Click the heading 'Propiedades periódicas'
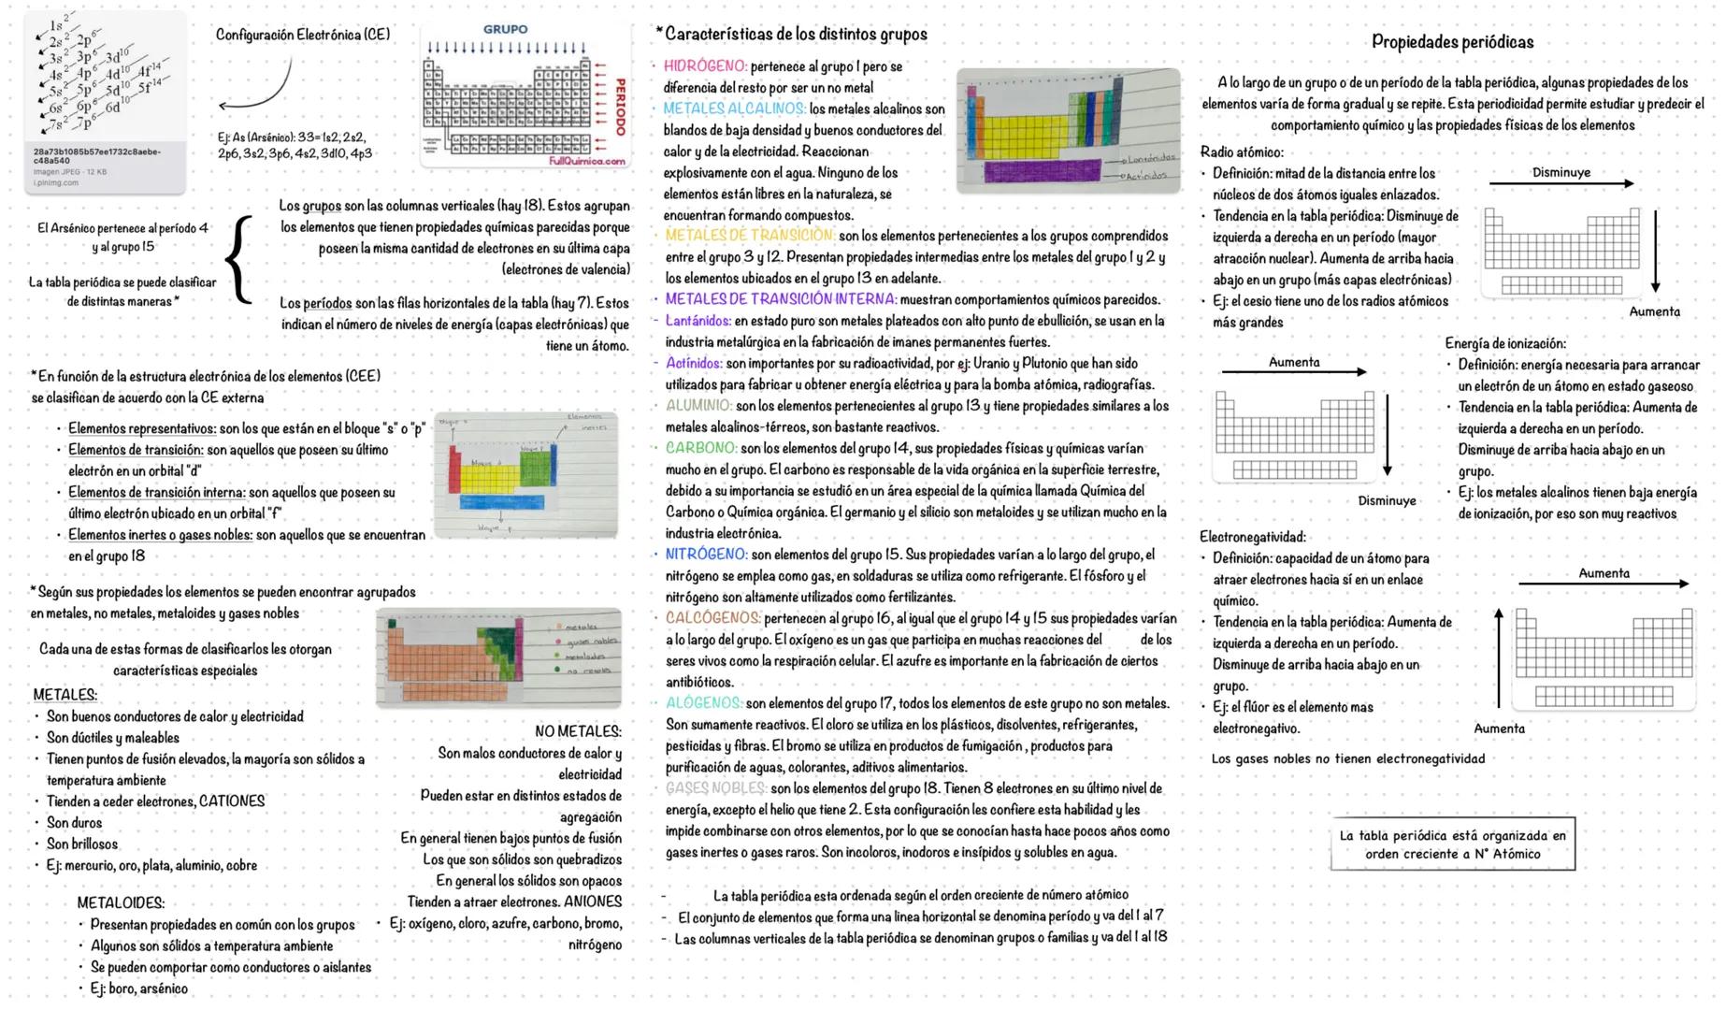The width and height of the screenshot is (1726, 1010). click(x=1452, y=42)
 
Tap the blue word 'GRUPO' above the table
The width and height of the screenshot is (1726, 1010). click(x=505, y=30)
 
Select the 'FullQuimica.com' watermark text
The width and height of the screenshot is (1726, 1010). click(x=586, y=161)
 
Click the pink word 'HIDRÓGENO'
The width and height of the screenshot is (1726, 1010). click(x=705, y=66)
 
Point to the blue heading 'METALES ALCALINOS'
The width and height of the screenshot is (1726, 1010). click(x=734, y=109)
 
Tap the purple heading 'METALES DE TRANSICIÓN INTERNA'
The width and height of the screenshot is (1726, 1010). click(x=781, y=299)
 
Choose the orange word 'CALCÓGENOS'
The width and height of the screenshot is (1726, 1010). click(x=712, y=618)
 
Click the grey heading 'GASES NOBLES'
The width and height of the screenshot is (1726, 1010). click(x=714, y=788)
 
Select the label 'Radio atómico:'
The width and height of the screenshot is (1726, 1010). click(x=1242, y=152)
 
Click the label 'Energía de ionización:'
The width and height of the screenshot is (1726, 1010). click(x=1505, y=344)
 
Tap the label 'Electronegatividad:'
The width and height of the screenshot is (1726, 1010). click(x=1253, y=537)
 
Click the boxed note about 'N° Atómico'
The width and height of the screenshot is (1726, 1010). click(x=1452, y=844)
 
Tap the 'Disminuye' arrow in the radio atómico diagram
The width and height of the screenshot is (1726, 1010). click(x=1561, y=183)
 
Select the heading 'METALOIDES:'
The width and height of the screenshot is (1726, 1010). click(x=121, y=903)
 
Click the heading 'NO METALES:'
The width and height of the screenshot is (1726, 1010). click(x=578, y=731)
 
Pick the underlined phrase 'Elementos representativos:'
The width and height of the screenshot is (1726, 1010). click(x=141, y=429)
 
